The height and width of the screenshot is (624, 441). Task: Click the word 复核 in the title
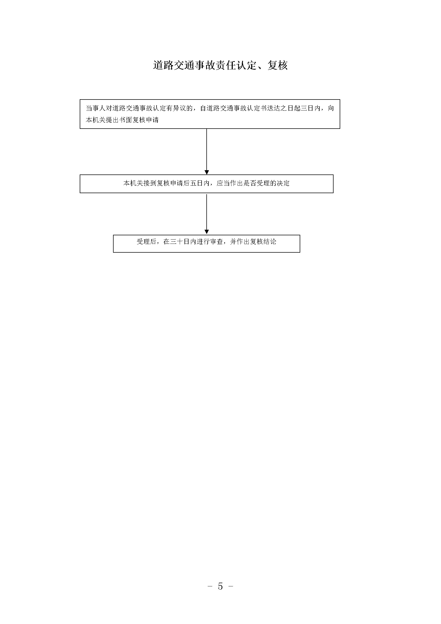point(278,65)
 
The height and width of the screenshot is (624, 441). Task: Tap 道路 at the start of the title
point(163,65)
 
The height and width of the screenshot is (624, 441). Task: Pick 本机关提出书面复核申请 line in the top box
point(122,120)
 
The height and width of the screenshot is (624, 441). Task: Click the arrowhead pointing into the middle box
point(207,172)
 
